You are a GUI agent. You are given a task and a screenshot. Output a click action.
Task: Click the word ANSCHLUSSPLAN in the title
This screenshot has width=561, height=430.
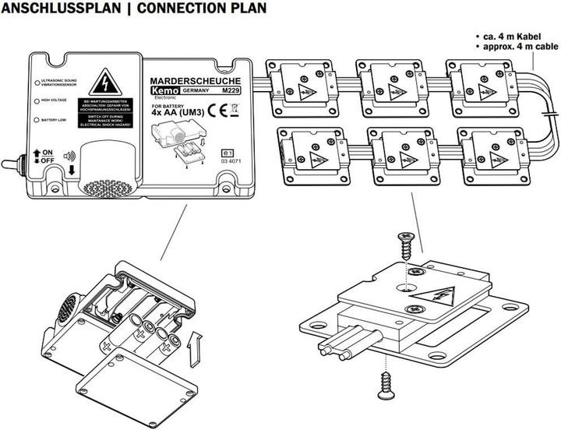coord(55,9)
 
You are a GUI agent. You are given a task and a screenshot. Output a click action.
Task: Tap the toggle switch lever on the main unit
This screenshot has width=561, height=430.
coord(12,166)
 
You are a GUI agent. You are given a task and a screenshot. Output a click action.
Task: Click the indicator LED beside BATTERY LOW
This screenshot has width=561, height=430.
coord(36,120)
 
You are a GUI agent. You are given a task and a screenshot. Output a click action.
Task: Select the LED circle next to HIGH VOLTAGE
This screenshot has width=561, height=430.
coord(36,100)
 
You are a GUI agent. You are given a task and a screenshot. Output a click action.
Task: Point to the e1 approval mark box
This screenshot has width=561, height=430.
coord(228,153)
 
